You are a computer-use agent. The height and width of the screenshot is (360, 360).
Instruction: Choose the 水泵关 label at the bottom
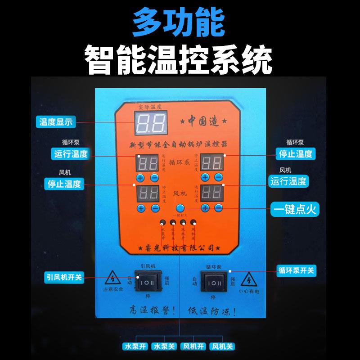point(164,347)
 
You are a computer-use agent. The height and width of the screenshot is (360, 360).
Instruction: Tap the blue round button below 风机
point(180,208)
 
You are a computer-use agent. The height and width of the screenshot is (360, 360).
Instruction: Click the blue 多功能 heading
point(179,23)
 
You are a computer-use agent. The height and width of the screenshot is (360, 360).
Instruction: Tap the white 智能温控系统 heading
point(179,58)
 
